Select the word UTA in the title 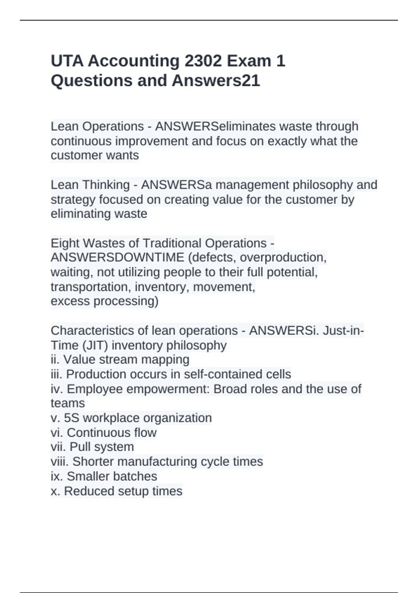(67, 61)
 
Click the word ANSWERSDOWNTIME (117, 257)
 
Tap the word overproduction (283, 257)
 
